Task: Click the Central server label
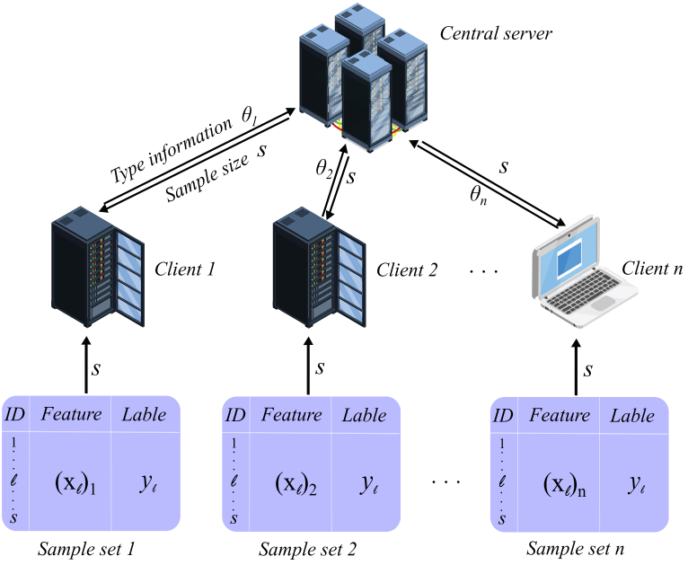(496, 35)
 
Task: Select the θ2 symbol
(323, 166)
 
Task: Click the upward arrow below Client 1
(87, 365)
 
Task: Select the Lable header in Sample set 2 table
(364, 415)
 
